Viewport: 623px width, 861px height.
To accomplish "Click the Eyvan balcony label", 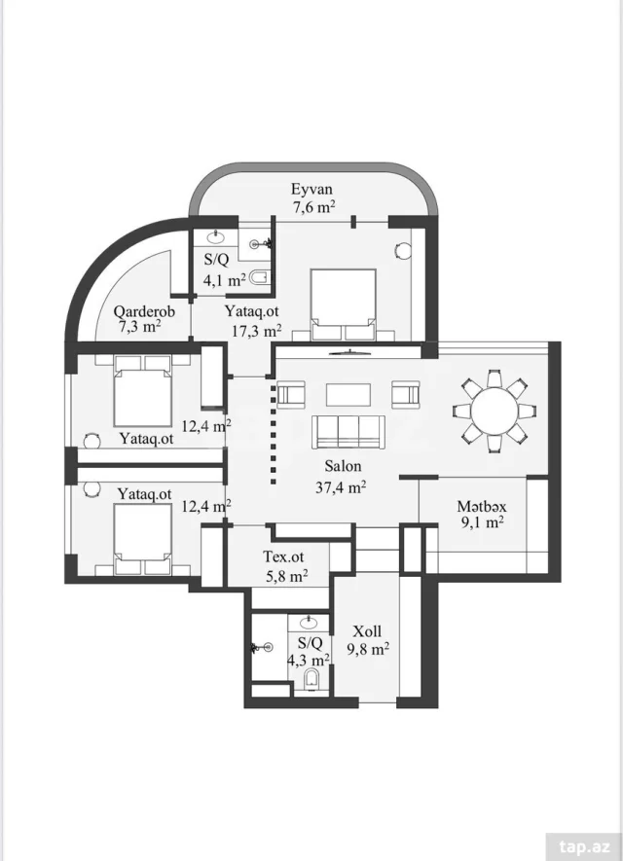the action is coord(311,190).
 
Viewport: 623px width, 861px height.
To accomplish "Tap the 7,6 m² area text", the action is coord(313,207).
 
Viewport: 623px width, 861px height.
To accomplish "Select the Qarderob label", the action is coord(144,311).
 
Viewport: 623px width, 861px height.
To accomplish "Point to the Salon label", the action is coord(343,466).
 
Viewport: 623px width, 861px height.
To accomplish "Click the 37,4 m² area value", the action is coord(341,486).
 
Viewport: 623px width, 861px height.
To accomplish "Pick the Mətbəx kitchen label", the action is coord(482,506).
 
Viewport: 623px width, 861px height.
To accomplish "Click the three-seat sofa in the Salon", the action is coord(348,432).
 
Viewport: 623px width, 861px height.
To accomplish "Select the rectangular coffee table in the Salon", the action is coord(348,394).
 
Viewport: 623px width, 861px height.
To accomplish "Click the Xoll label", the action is coord(367,631).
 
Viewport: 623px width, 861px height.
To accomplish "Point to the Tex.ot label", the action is coord(283,556).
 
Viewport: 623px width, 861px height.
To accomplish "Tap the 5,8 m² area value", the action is coord(285,576).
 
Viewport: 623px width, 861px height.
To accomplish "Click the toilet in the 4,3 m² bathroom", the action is coord(311,679).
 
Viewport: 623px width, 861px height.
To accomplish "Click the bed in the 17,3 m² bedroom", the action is coord(344,304).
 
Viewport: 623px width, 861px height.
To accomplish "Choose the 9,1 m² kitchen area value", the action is coord(483,522).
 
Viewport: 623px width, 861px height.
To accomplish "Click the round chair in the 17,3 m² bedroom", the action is coord(403,250).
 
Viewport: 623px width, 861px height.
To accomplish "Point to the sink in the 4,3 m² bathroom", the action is coord(309,623).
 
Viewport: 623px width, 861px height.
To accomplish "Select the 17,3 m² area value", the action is coord(257,331).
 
